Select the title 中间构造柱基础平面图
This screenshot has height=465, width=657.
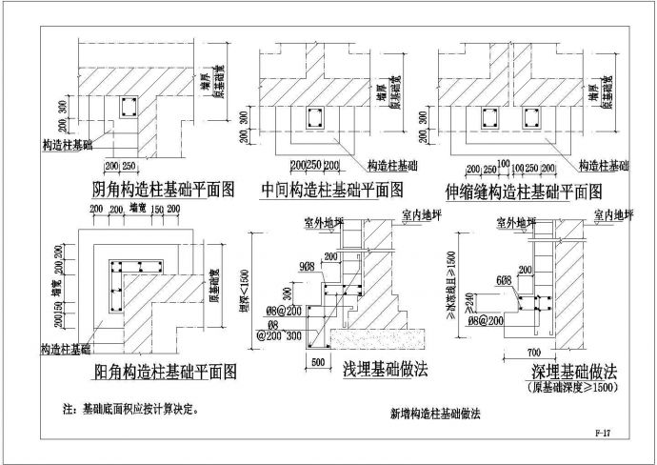[331, 188]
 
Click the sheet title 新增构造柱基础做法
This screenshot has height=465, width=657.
[435, 414]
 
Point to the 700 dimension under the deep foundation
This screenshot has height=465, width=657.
[534, 354]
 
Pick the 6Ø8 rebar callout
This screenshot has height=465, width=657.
[504, 279]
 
